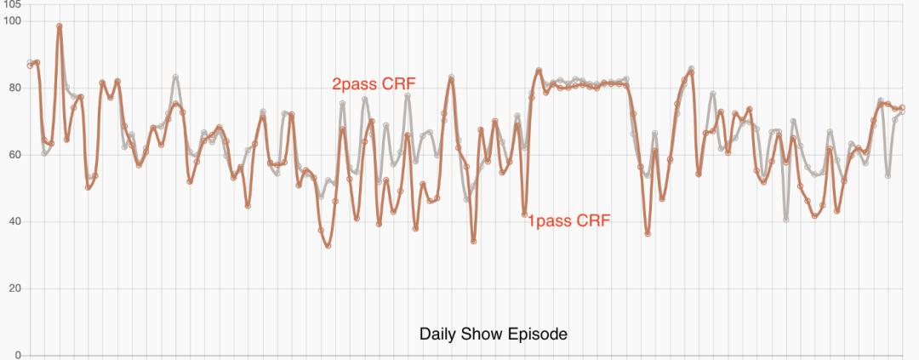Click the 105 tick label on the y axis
point(10,4)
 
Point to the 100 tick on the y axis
point(10,20)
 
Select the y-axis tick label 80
point(13,87)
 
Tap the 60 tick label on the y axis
point(13,154)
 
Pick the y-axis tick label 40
point(13,221)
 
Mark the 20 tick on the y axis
point(13,289)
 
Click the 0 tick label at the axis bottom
point(16,355)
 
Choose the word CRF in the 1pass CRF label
point(593,221)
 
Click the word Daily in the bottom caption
point(438,333)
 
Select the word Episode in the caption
point(534,333)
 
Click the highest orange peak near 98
point(60,26)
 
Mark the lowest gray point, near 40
point(786,220)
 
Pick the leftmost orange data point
point(30,65)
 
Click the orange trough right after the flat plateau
point(648,233)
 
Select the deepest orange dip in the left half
point(328,246)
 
